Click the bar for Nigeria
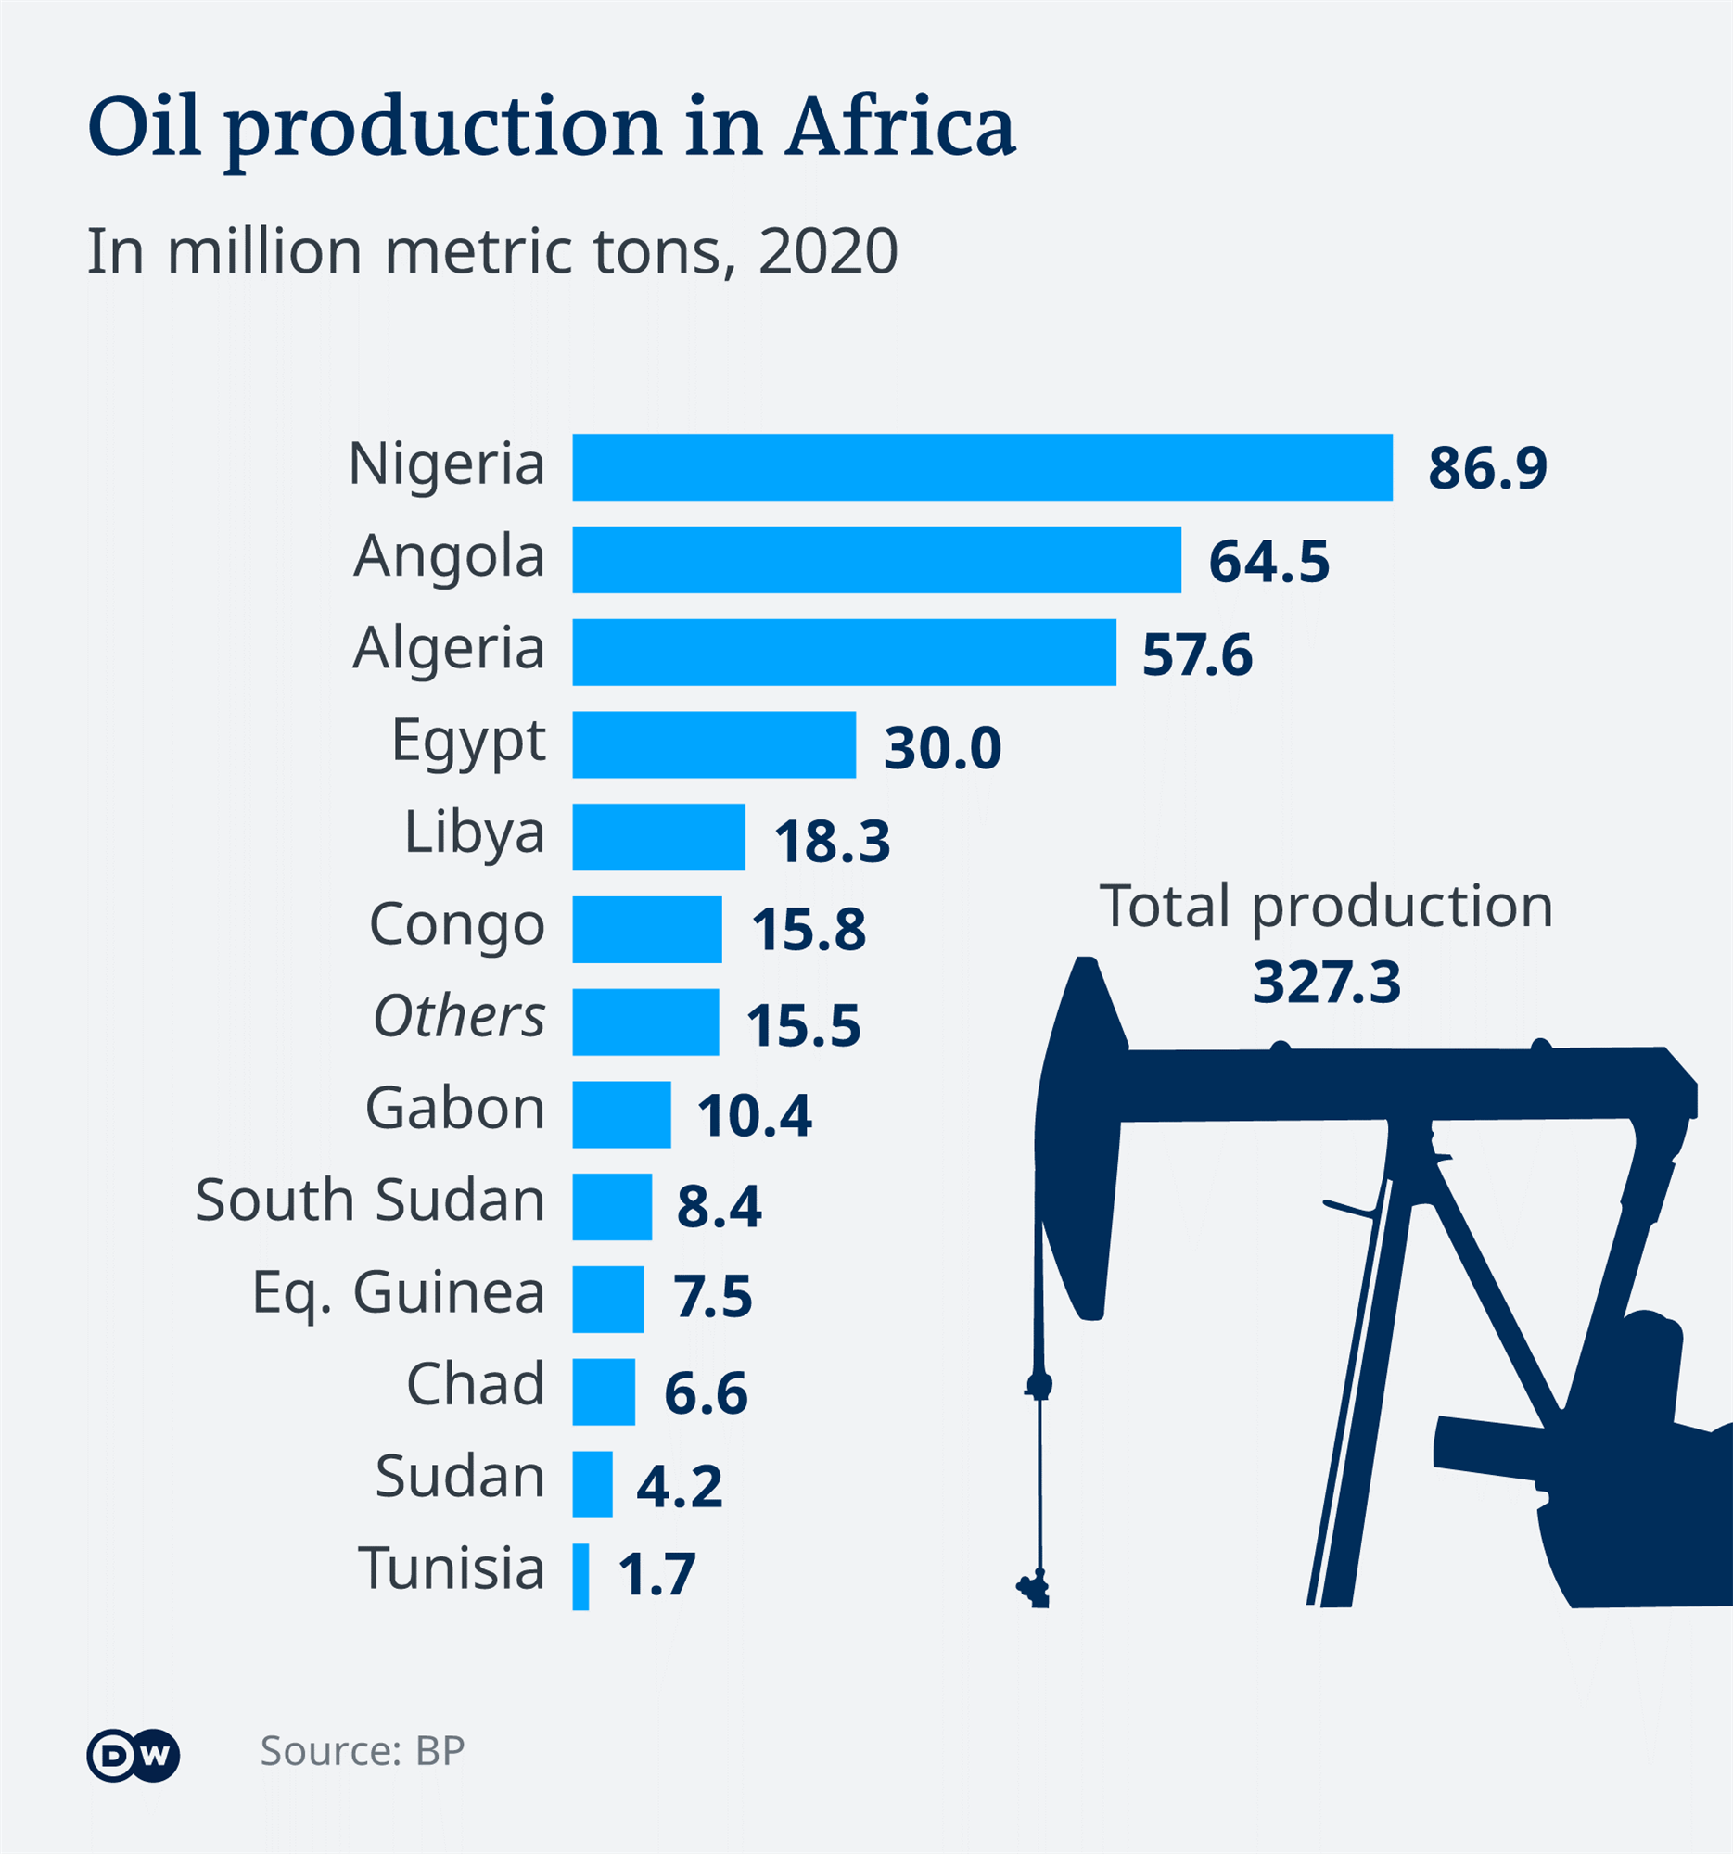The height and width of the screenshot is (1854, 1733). pos(981,467)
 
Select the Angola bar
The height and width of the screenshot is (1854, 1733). pos(876,560)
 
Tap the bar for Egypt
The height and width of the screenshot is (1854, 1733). pos(714,744)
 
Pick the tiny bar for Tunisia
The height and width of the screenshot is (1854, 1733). pos(580,1577)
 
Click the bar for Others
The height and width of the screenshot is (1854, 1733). pos(645,1022)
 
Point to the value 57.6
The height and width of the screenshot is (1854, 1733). pos(1197,654)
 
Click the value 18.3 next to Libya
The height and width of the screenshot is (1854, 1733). pos(832,841)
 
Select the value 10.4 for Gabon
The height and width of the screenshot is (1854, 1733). pos(755,1115)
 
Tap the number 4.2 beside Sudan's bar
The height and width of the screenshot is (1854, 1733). pos(679,1486)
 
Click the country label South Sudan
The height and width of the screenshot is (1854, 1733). pos(369,1200)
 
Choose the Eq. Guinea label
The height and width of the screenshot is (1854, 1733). pos(399,1293)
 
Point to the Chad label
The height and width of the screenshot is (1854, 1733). pos(475,1384)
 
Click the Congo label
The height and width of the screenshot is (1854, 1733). pos(457,925)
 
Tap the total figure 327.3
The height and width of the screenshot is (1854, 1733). pos(1326,983)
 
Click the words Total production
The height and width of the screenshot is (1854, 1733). pos(1326,907)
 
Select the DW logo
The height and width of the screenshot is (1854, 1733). pos(134,1756)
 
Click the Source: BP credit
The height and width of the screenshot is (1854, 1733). pos(362,1751)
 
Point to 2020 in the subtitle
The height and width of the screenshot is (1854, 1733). pos(828,252)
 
